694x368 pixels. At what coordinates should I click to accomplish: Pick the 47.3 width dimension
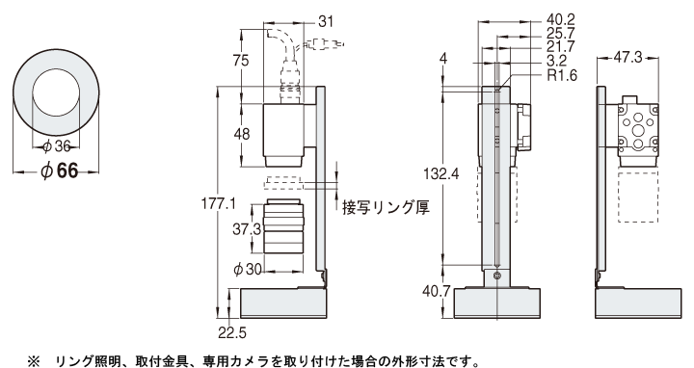(632, 58)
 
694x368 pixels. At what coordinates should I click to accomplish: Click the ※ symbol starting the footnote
(33, 359)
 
